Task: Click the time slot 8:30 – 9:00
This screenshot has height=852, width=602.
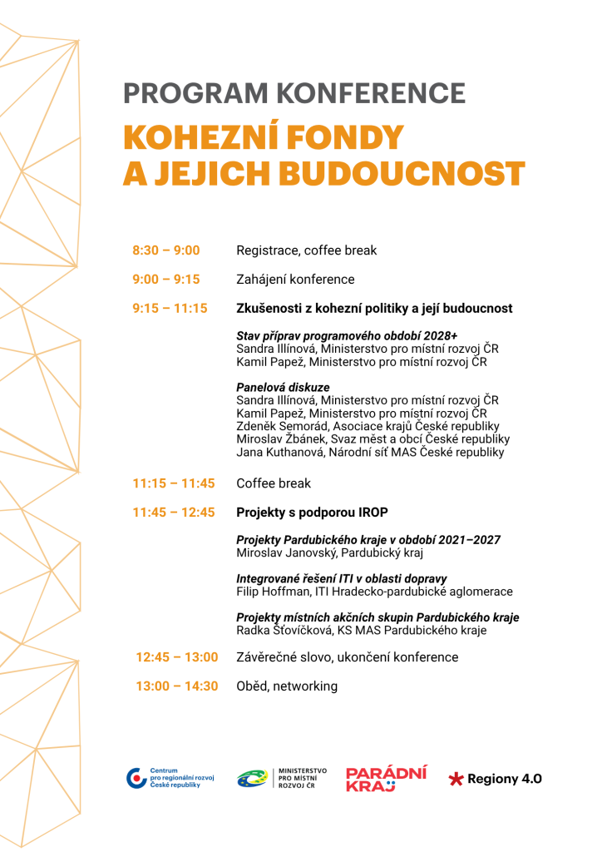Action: pos(165,250)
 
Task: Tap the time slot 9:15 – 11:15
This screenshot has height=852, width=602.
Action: pos(170,309)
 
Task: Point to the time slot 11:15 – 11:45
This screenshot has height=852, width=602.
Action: pos(174,483)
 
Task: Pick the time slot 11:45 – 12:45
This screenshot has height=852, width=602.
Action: pos(174,513)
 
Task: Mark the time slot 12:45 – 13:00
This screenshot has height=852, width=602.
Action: pos(177,657)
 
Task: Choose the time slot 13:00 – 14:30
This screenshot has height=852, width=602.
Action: pos(177,686)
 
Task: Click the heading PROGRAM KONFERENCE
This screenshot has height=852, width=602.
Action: pos(294,93)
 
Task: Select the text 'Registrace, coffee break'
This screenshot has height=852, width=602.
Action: pos(306,250)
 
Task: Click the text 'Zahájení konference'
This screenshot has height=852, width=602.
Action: pos(295,280)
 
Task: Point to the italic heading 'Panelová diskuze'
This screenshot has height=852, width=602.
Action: pos(283,388)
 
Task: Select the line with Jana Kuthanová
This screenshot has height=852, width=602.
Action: pos(370,453)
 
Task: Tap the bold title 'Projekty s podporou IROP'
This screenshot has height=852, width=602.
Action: pos(312,513)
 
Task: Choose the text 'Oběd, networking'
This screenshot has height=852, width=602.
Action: pos(287,686)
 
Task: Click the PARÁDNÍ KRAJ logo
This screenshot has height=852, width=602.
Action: pos(387,779)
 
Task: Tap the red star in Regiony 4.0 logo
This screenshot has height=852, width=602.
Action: pos(456,780)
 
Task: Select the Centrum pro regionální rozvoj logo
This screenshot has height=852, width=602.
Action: pos(170,779)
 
